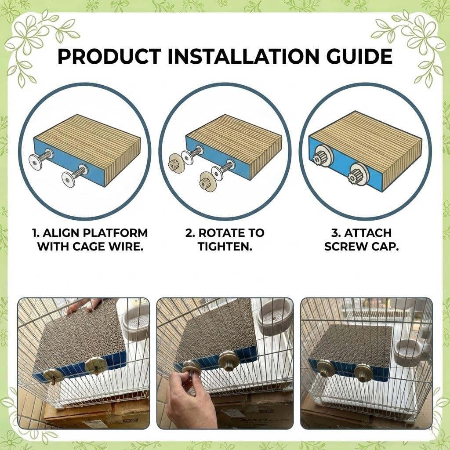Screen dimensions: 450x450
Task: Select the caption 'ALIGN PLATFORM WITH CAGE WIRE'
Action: pos(92,240)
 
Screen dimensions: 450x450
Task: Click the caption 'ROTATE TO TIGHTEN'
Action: pos(225,240)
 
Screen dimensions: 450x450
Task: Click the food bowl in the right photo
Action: pos(406,352)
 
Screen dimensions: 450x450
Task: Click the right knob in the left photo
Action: pos(96,365)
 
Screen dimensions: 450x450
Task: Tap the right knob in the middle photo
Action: pos(229,360)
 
